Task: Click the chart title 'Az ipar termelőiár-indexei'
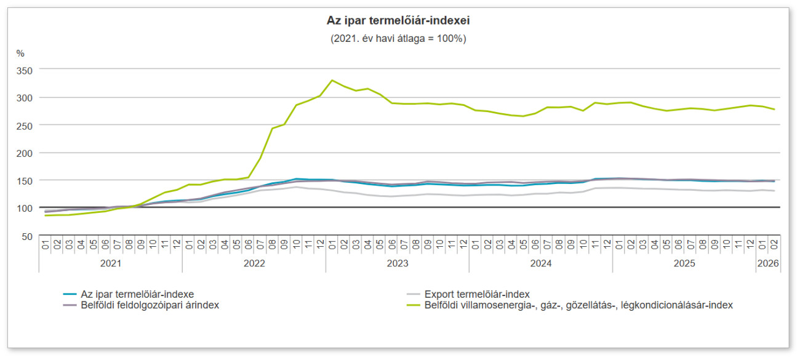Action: pos(398,21)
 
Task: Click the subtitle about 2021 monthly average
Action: pos(398,38)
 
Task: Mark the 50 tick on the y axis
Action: pos(26,236)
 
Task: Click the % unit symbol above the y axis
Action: pos(20,54)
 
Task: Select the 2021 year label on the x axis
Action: pos(111,263)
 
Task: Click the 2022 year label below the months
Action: pos(254,263)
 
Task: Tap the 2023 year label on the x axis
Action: pos(398,263)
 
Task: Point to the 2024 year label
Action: pos(541,263)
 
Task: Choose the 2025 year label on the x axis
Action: pos(684,263)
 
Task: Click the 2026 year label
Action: pos(768,263)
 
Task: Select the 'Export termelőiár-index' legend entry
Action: pos(477,294)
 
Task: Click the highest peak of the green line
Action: pos(332,80)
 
